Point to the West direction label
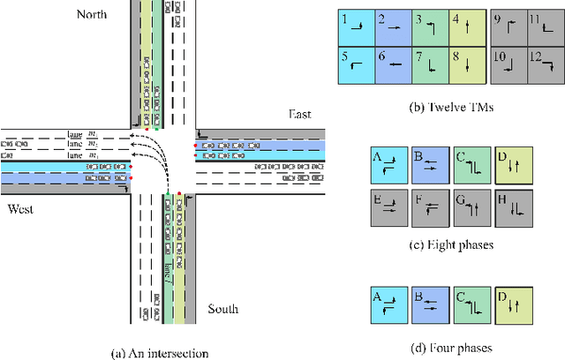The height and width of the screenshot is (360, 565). [22, 209]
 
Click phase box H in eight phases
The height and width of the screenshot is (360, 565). [513, 208]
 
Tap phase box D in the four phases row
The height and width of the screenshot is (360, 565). [513, 303]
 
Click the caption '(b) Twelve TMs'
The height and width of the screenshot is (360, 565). [450, 108]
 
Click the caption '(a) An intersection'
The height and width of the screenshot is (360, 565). [159, 352]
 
